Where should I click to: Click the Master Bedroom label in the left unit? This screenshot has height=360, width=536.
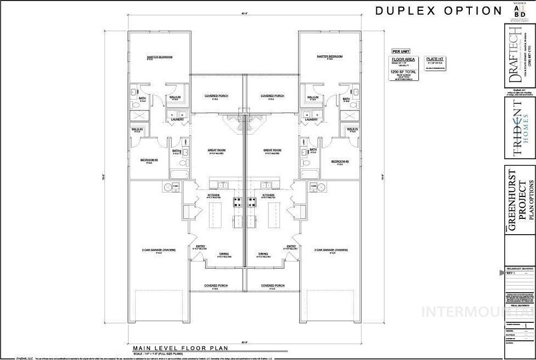(160, 56)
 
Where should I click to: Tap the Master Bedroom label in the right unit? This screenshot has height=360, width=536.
(330, 56)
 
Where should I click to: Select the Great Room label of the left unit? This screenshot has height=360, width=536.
(217, 149)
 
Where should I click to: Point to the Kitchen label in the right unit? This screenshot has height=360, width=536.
(268, 195)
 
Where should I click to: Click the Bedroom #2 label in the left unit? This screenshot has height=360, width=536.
(149, 161)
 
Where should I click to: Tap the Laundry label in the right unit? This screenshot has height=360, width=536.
(311, 119)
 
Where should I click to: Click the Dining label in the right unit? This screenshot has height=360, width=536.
(264, 254)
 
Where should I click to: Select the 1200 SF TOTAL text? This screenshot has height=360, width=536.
(403, 72)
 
